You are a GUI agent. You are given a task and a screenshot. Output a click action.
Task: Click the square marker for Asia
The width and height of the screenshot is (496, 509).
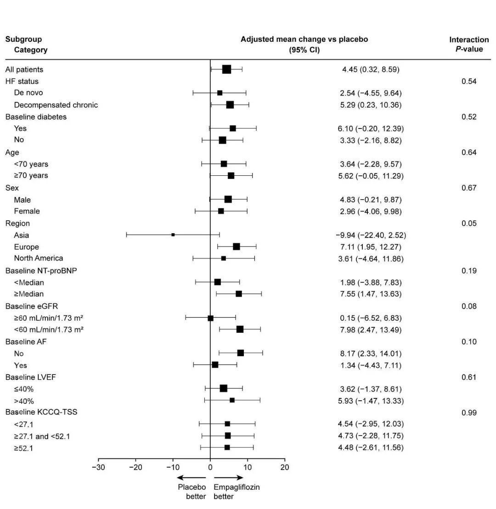[x=173, y=235]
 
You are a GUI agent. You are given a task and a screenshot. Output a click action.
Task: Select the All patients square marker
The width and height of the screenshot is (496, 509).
[x=226, y=69]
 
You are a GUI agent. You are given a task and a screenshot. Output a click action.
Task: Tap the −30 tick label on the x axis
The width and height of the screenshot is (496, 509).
[x=99, y=468]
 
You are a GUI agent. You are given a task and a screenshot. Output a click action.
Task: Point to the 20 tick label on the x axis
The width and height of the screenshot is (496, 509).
[x=285, y=468]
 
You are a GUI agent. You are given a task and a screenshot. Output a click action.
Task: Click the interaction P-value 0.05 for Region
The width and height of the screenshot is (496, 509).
[x=468, y=224]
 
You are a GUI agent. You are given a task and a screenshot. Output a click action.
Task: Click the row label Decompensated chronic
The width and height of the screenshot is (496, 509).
[x=56, y=105]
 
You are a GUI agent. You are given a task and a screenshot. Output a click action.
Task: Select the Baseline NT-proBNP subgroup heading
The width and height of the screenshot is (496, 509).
[x=41, y=271]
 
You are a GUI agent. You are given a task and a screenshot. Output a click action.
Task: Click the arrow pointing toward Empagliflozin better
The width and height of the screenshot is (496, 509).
[x=229, y=478]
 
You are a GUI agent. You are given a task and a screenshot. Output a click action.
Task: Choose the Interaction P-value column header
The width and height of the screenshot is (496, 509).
[x=469, y=44]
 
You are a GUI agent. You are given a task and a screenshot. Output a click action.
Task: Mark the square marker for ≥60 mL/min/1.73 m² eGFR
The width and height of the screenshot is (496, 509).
[x=211, y=318]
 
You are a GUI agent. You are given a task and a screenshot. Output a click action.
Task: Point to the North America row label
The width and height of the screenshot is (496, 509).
[x=39, y=258]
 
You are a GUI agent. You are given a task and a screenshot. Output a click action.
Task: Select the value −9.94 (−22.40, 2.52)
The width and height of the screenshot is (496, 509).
[x=371, y=235]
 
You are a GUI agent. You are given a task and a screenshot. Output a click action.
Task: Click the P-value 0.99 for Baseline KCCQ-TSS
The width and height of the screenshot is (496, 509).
[x=468, y=413]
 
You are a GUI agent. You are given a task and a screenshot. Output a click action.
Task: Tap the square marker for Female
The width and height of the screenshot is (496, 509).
[x=221, y=211]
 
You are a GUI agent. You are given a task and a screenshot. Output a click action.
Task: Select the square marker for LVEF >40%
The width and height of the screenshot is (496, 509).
[x=232, y=400]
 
